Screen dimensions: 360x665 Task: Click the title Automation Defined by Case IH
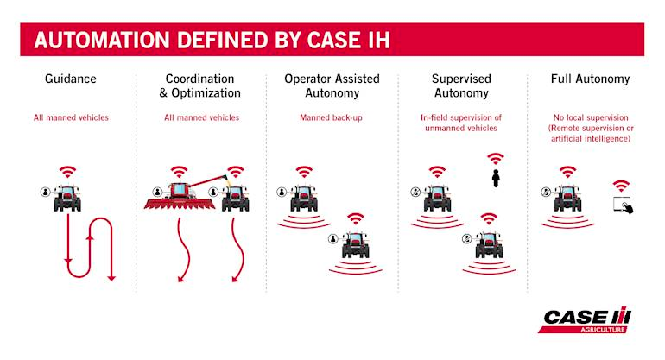(x=210, y=40)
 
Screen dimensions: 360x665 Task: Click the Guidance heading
(x=71, y=79)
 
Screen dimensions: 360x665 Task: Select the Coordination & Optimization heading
(x=201, y=86)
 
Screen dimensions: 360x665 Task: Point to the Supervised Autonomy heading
(x=460, y=86)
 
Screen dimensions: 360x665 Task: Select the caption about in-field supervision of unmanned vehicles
(x=460, y=123)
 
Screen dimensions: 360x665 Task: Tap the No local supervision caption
(x=590, y=128)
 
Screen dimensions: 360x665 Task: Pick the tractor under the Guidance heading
(x=67, y=198)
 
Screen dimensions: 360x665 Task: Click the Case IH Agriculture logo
(x=587, y=319)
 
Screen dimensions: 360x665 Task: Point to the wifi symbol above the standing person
(x=496, y=160)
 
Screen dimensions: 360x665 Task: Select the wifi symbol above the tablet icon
(x=621, y=186)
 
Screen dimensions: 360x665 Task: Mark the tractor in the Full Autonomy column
(x=568, y=198)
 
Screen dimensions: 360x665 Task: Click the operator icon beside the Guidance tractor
(x=44, y=192)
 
